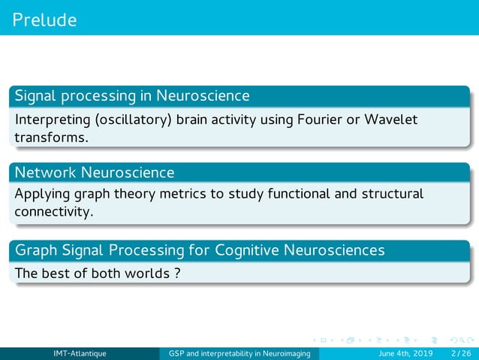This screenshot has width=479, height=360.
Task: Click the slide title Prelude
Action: click(44, 20)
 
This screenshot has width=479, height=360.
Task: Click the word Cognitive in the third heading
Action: click(247, 250)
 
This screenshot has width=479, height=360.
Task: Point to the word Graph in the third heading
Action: click(36, 250)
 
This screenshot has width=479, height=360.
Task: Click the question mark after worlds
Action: click(176, 273)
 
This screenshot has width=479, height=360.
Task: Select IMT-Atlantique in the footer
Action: click(80, 354)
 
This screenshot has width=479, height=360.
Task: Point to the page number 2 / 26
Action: click(457, 354)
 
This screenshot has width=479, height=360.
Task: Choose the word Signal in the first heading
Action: click(35, 96)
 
